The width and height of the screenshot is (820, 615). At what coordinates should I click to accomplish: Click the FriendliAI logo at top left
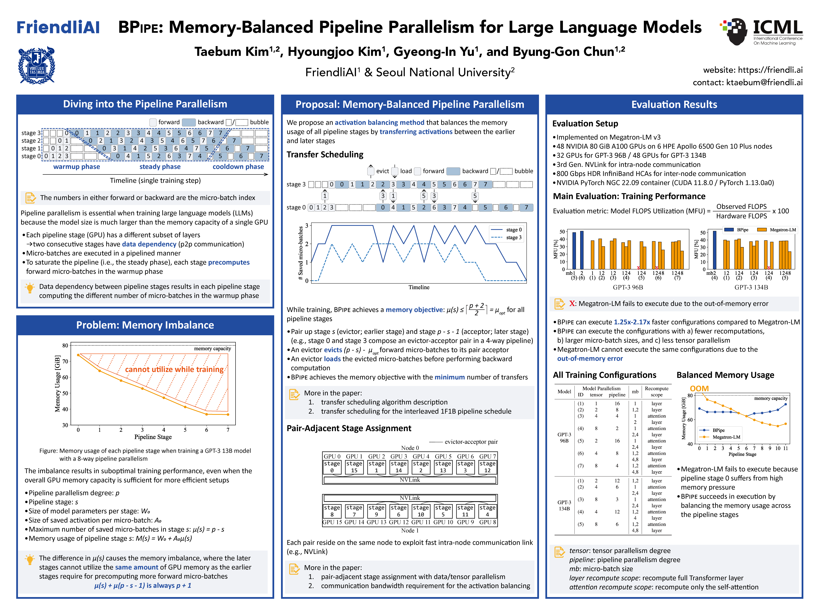pos(58,27)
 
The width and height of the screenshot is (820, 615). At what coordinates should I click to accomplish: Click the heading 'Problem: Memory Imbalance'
pos(145,325)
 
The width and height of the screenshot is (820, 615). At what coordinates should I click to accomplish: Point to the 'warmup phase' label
pos(76,167)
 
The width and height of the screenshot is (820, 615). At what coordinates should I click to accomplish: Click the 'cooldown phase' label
pos(238,167)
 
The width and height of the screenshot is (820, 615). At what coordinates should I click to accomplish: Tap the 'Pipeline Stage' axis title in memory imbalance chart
pos(153,437)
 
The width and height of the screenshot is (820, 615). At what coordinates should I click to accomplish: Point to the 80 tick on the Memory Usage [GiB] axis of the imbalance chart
pos(65,346)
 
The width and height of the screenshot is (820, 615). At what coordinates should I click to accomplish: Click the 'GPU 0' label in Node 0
pos(332,456)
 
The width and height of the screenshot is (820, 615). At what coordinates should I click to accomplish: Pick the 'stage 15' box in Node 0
pos(354,467)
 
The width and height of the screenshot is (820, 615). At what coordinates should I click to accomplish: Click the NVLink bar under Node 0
pos(410,480)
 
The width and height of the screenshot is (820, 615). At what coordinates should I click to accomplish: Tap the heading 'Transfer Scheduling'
pos(325,155)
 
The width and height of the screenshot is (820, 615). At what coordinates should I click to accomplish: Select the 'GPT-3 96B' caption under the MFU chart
pos(628,287)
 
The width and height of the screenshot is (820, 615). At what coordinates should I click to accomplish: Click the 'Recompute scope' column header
pos(656,391)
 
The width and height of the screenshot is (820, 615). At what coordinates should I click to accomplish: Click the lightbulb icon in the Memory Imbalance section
pos(30,559)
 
